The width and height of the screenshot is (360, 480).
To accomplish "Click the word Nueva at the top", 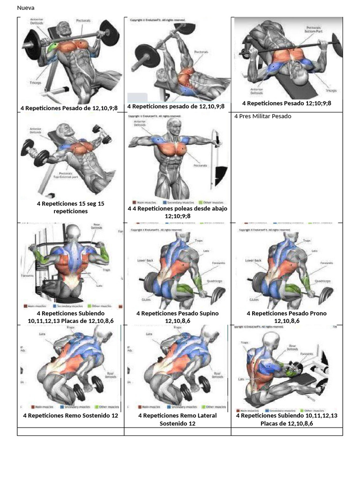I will [x=25, y=8].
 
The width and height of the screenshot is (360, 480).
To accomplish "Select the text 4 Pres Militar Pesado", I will [x=262, y=116].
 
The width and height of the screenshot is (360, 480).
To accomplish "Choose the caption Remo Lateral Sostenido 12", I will [x=177, y=420].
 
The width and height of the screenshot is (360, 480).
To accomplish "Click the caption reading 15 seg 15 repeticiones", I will [x=70, y=207].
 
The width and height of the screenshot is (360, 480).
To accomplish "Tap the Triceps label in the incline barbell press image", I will [x=35, y=82].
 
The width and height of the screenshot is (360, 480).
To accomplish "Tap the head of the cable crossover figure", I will [x=174, y=126].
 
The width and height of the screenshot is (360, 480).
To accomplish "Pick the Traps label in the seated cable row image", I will [x=244, y=343].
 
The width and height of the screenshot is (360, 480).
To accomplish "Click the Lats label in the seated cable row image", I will [x=241, y=379].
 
